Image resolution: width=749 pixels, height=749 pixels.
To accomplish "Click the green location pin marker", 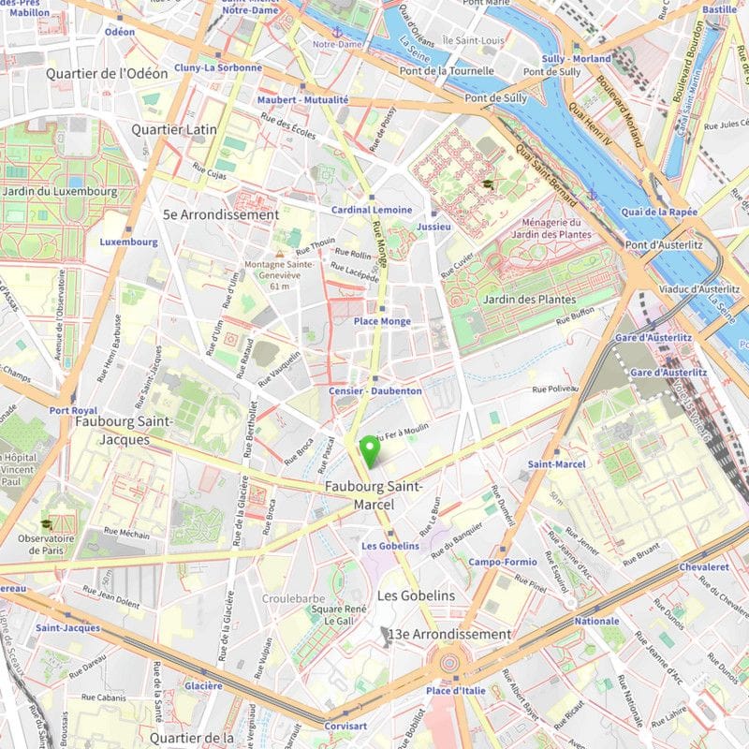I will coord(371,450).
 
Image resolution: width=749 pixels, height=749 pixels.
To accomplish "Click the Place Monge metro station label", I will coord(382,321).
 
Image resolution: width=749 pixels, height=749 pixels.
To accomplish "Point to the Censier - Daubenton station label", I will coord(375,389).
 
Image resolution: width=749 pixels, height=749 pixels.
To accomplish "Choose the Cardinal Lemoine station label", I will coord(372,210).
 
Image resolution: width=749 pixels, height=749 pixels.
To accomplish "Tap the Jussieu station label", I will coord(434,227).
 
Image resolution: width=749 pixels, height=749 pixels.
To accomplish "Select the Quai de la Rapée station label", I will coord(658,212).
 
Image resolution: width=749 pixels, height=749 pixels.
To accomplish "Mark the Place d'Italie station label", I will coord(456,690).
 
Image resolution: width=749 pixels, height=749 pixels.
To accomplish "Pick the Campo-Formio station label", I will coord(503,562).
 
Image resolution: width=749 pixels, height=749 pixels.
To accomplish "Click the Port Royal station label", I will coord(73,410).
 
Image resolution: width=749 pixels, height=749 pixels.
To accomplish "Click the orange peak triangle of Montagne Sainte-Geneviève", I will coord(279,254).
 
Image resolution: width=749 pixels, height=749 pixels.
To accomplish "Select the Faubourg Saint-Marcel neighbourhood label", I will coord(374,495).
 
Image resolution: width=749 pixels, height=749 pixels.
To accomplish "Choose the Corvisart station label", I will coord(345,725).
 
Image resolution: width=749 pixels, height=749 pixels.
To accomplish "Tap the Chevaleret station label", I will coord(704,566).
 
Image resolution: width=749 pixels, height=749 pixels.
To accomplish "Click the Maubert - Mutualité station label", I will coord(302,99).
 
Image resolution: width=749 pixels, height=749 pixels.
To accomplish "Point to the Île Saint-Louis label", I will coord(474,39).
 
